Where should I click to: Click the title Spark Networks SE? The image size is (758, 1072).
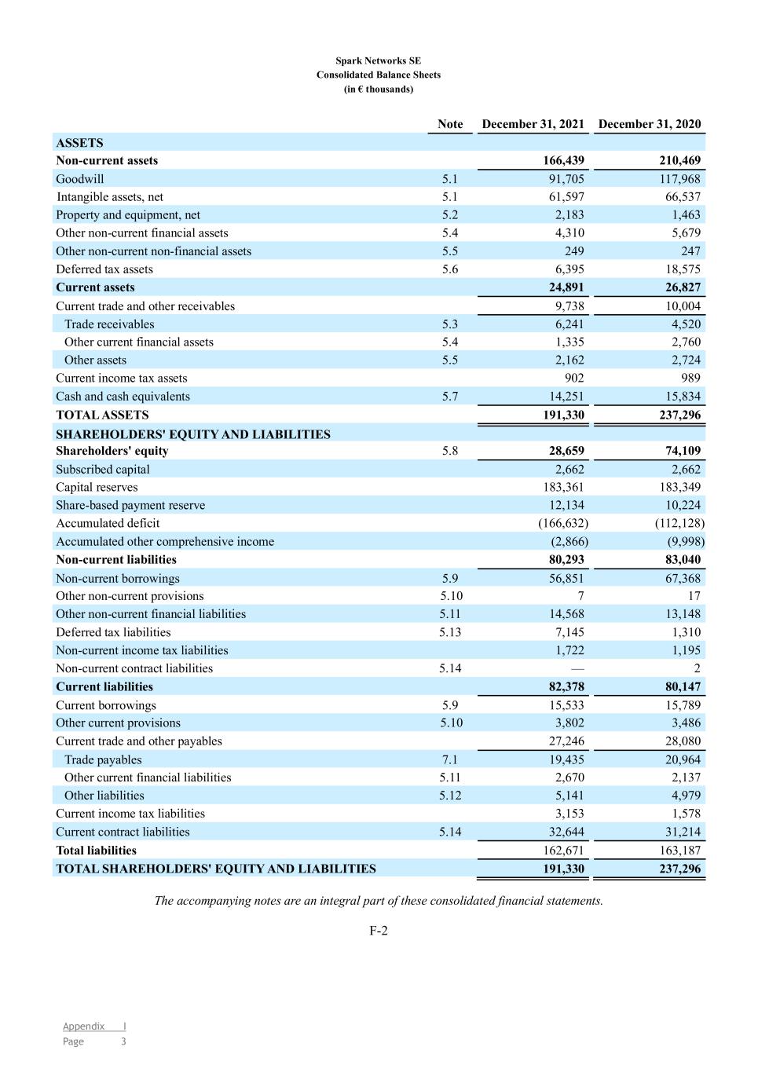(378, 60)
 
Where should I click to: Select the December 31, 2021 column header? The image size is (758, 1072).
(533, 124)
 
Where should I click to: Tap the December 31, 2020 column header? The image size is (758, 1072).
(649, 124)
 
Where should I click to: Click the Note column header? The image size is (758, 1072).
(450, 124)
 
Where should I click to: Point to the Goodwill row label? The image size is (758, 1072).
(79, 179)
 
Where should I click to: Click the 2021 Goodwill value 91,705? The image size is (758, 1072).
(566, 179)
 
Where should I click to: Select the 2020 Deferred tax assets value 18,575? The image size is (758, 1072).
(683, 269)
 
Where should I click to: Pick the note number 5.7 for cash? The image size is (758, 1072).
(449, 397)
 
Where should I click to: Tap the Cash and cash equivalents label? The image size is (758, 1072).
(123, 397)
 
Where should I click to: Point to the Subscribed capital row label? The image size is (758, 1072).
(102, 470)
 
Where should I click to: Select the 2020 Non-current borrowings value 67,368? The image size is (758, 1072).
(683, 579)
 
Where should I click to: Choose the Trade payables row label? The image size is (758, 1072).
(103, 759)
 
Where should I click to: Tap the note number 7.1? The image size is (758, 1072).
(449, 759)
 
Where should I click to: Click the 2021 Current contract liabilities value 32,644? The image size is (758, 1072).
(566, 832)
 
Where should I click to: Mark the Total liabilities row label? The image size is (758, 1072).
(96, 851)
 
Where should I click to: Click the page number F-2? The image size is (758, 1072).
(379, 931)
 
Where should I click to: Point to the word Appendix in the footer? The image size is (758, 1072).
(83, 1026)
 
